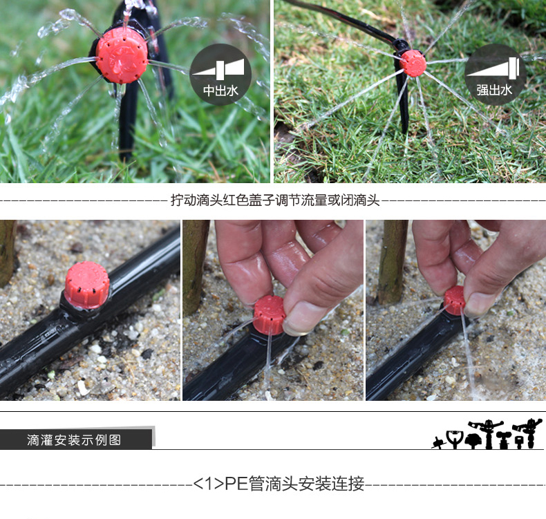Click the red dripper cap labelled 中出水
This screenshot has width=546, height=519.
[122, 56]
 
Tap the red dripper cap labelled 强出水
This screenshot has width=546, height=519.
[413, 63]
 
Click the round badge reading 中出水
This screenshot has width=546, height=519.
[220, 75]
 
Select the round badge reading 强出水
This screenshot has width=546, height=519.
[494, 75]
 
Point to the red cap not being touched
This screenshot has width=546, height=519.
[87, 285]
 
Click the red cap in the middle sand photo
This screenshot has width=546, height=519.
[270, 314]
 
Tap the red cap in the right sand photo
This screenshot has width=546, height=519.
[455, 301]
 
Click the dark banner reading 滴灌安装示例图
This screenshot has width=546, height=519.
[76, 440]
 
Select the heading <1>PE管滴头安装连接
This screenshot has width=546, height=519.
[279, 484]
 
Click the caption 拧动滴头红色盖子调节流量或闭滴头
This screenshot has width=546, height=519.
[275, 200]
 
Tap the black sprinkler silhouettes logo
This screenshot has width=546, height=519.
[487, 434]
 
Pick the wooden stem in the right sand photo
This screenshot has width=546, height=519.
[393, 262]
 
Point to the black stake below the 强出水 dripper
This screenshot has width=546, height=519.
[403, 101]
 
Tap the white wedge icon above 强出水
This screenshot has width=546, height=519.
[493, 69]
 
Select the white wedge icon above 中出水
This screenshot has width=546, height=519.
[218, 69]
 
